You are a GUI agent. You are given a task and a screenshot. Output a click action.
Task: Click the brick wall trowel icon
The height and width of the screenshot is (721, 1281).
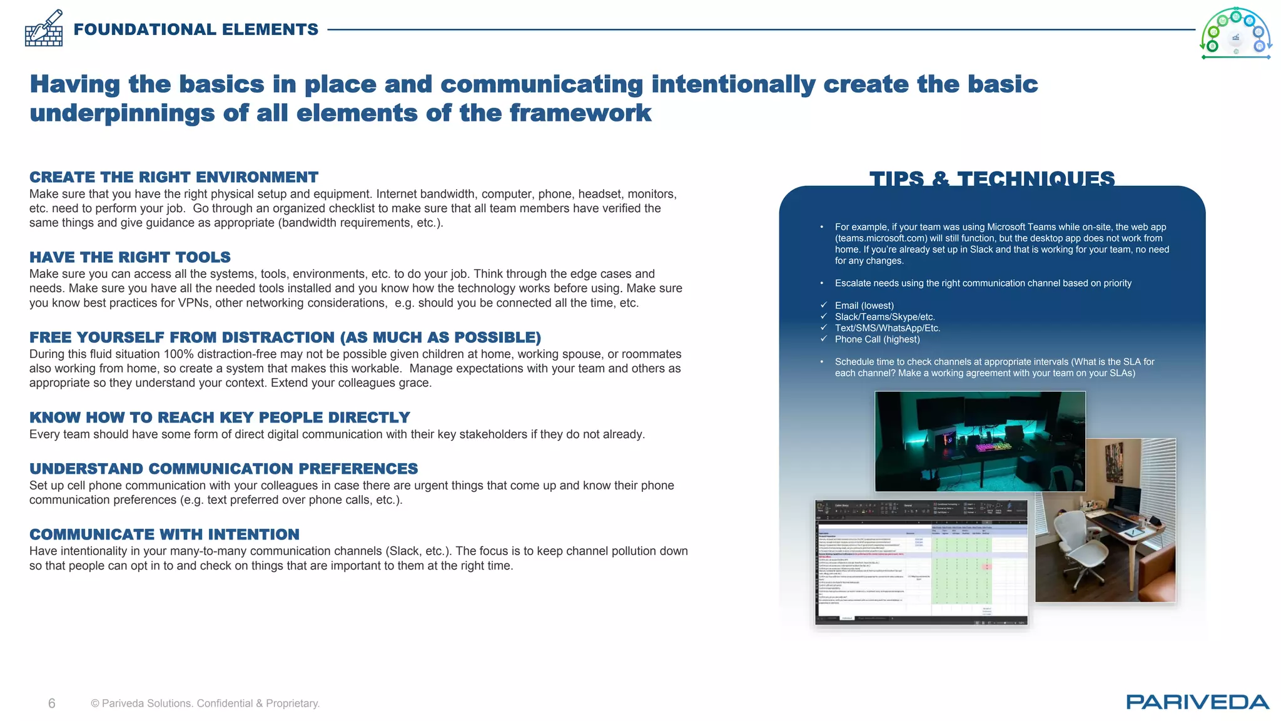click(44, 29)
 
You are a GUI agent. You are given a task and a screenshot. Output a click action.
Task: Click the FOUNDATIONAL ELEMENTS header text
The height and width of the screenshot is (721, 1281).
click(196, 29)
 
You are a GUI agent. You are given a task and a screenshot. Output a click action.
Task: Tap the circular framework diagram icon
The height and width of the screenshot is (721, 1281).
click(1235, 33)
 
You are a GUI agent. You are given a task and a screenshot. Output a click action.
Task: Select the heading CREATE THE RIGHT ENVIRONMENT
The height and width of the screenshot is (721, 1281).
click(174, 177)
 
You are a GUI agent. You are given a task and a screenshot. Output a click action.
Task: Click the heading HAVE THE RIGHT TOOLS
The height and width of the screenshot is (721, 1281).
click(130, 257)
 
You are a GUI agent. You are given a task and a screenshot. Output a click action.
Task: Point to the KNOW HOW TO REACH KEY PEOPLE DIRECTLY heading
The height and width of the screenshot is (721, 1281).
click(220, 417)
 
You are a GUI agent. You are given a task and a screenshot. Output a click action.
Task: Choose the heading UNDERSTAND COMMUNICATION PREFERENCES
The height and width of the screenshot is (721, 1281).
click(223, 469)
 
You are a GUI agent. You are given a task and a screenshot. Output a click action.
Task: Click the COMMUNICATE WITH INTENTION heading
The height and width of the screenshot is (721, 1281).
click(165, 534)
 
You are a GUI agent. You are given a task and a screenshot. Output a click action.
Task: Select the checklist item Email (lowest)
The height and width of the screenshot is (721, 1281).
click(864, 305)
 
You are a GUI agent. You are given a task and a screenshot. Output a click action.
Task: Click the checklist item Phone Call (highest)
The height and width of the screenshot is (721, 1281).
click(877, 339)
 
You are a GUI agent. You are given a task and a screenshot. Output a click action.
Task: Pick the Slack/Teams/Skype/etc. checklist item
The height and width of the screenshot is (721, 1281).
click(884, 317)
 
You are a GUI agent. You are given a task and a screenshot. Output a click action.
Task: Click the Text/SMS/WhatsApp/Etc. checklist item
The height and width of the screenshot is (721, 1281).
click(887, 328)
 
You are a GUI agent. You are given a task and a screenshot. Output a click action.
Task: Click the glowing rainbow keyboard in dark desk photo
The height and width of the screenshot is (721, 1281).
click(993, 446)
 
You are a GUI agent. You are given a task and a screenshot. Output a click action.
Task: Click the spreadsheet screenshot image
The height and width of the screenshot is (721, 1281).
click(921, 562)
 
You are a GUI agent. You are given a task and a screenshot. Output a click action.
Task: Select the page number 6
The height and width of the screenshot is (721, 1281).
click(52, 703)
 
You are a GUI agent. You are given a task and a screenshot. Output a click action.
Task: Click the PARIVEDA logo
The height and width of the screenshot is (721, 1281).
click(1197, 702)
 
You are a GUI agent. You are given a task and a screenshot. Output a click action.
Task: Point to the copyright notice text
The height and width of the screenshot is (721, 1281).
click(205, 703)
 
